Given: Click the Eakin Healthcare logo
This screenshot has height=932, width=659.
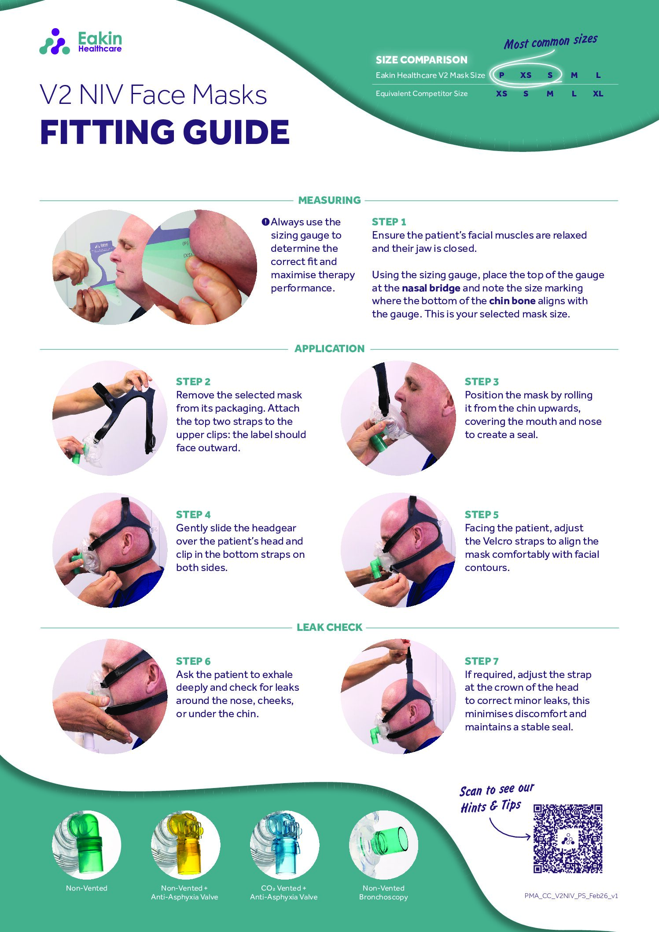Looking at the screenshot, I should point(81,42).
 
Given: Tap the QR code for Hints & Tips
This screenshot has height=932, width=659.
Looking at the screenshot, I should point(567,838).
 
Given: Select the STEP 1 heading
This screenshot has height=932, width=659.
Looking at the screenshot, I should point(389,222).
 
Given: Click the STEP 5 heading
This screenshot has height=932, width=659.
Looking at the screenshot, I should point(482,515).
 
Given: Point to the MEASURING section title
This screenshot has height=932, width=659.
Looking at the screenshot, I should point(329,200).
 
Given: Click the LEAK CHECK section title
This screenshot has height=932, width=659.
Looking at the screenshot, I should point(329,627).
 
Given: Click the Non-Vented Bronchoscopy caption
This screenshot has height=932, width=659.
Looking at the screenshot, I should point(383,892).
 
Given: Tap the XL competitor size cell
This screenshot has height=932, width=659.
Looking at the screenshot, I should point(598,94).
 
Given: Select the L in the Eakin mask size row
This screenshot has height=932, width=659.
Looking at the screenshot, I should point(598,75).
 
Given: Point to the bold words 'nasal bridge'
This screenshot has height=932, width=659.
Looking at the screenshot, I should point(431,288).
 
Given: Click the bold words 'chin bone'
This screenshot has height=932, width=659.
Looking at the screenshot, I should point(512,301).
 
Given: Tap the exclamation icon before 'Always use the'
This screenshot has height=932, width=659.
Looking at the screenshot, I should point(265,222).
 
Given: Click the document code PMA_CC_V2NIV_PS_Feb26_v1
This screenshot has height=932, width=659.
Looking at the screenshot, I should point(571,895).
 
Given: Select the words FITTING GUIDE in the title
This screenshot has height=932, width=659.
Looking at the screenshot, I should point(165,132).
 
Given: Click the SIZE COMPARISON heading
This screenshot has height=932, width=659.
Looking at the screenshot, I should point(421,60).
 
